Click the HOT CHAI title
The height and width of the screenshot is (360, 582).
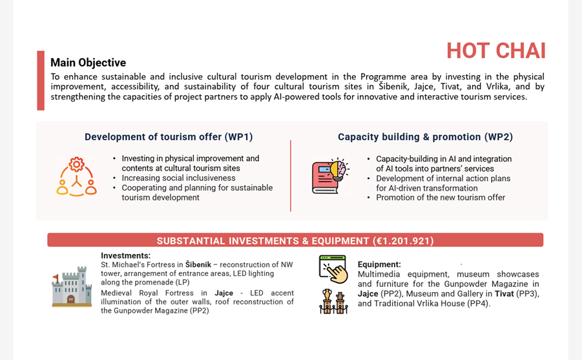[496, 51]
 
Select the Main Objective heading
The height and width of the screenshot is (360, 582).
[88, 63]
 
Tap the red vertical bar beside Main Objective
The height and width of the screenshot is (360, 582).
[41, 81]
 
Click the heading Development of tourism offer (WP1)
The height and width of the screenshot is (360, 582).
[169, 137]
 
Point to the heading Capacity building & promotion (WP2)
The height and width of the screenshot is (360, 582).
[426, 137]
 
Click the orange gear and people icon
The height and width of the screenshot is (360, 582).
[76, 176]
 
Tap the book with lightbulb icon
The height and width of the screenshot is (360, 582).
[330, 176]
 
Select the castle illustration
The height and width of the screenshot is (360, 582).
[72, 286]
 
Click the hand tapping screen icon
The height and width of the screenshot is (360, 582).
[333, 269]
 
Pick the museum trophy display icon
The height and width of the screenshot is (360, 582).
[333, 301]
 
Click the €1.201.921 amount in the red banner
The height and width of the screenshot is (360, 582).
[403, 240]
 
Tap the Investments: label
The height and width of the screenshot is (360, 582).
[126, 255]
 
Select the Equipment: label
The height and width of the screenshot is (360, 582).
[379, 264]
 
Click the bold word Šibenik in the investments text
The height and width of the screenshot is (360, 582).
[198, 264]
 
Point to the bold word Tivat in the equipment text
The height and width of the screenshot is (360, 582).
[504, 294]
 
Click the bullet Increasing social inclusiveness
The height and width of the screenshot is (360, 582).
[178, 178]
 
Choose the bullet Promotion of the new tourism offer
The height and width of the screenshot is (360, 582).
[441, 198]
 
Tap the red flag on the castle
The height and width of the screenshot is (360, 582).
[56, 277]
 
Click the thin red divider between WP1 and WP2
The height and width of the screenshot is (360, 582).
[291, 176]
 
